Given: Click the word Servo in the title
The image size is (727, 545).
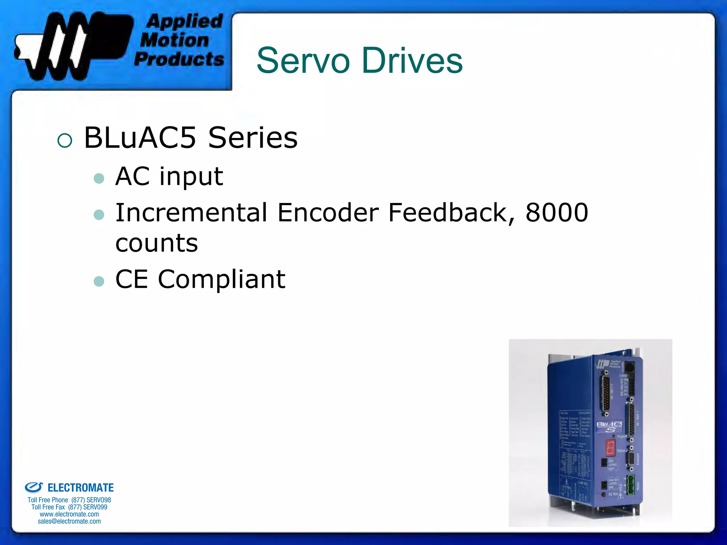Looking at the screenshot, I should click(x=303, y=61).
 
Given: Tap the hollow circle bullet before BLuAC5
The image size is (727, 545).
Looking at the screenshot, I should click(x=65, y=141).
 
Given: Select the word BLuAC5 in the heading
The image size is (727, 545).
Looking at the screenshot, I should click(x=140, y=138).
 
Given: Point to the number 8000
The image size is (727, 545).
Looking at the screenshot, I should click(x=557, y=213).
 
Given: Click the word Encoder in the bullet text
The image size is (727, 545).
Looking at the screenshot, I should click(x=328, y=213).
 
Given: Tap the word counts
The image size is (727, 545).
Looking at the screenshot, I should click(x=157, y=243).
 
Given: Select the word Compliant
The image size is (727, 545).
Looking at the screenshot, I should click(x=222, y=280).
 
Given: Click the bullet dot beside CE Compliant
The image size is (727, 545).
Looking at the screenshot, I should click(x=99, y=281).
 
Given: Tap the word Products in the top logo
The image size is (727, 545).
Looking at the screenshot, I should click(x=179, y=59).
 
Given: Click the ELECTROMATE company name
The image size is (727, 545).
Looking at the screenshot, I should click(x=80, y=488).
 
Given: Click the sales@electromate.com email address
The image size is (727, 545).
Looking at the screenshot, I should click(x=69, y=521).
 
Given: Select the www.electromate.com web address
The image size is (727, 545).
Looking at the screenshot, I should click(x=69, y=514).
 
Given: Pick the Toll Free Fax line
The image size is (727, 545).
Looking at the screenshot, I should click(x=69, y=507).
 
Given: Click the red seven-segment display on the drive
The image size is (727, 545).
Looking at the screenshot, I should click(x=610, y=448).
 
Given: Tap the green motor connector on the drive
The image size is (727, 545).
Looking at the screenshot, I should click(x=630, y=485).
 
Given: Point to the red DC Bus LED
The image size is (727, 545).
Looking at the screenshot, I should click(x=603, y=494).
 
